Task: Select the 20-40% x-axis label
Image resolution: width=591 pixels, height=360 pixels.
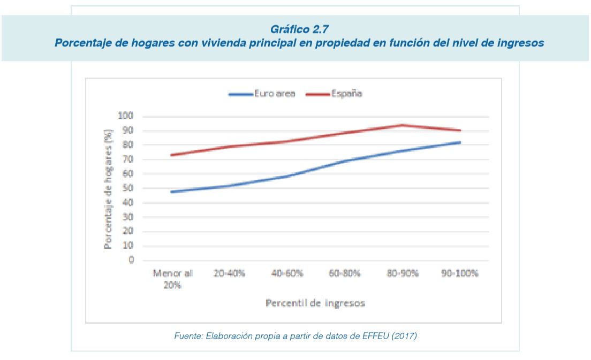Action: (230, 273)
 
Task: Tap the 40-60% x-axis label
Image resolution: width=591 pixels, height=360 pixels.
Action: (287, 273)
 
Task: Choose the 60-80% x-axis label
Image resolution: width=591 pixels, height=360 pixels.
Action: (344, 273)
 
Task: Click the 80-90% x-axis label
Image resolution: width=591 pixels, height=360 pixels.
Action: (401, 273)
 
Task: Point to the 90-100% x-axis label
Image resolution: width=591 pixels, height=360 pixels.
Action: (459, 273)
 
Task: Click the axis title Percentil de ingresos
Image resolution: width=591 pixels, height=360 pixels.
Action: (315, 303)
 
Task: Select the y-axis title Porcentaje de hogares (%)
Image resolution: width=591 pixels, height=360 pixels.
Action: (109, 188)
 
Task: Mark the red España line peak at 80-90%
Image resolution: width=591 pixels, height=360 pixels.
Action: (401, 125)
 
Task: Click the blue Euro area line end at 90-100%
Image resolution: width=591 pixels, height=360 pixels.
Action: (459, 142)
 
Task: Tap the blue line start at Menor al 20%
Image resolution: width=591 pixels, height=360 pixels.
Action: (172, 192)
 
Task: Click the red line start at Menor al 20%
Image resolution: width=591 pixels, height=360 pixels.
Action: (172, 155)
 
